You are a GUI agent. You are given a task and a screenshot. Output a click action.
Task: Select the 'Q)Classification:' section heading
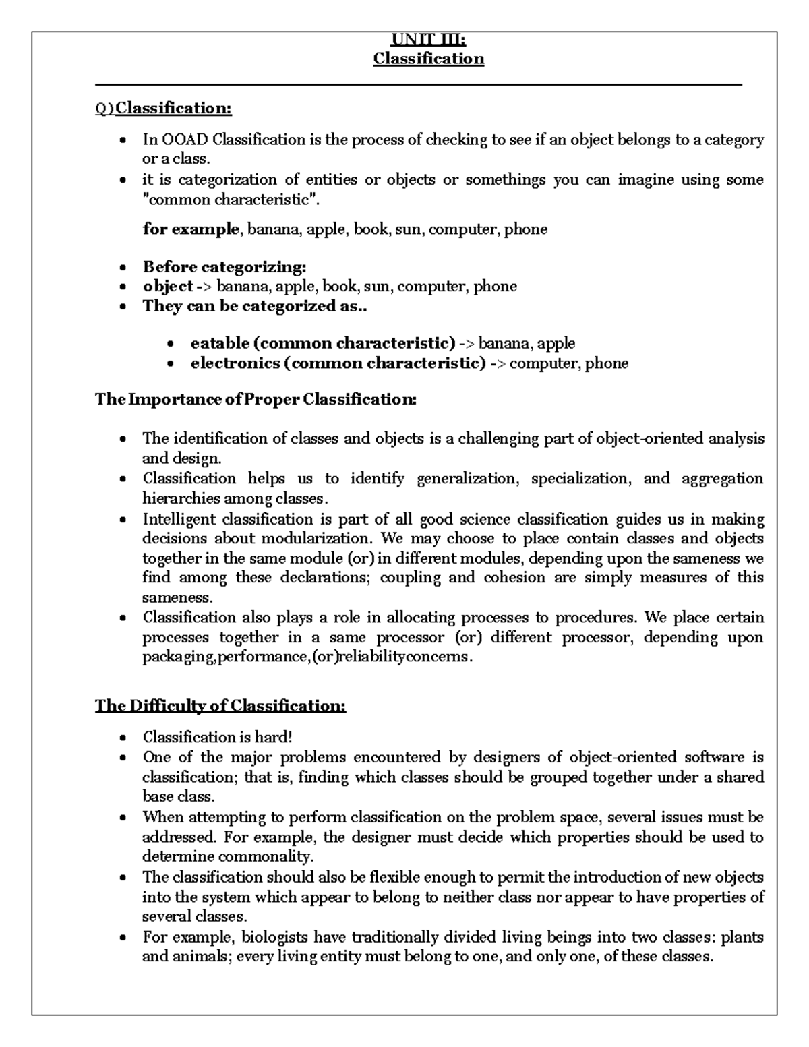163,108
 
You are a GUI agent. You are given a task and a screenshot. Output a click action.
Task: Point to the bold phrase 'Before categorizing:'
224,267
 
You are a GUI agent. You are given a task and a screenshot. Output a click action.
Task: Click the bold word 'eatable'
220,343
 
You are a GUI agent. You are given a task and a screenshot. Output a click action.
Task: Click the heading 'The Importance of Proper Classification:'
256,399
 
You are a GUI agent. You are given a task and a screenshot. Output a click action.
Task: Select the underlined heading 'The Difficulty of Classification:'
220,706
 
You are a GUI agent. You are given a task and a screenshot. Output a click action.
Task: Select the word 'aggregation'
722,479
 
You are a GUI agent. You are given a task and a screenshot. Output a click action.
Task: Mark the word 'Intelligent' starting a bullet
179,519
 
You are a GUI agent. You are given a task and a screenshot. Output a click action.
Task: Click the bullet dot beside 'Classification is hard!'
122,738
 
